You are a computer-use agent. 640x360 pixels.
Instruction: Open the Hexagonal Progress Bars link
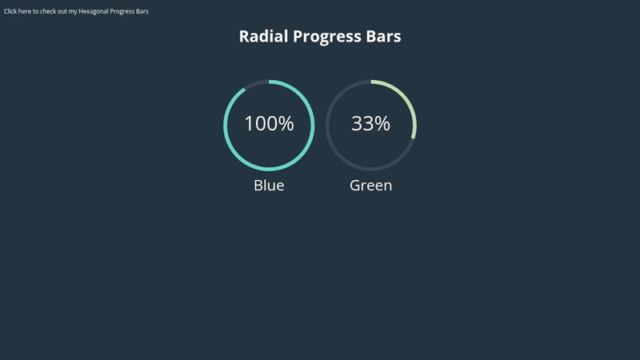(76, 11)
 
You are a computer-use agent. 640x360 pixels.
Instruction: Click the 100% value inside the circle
(269, 124)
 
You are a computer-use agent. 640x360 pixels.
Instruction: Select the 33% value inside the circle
(370, 124)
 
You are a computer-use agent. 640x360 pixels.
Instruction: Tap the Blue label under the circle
(269, 186)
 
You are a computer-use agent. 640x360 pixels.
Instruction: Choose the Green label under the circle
(370, 186)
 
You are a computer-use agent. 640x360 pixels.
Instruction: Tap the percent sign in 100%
(286, 124)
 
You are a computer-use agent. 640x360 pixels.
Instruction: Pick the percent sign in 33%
(382, 124)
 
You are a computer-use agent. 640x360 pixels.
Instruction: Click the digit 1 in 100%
(249, 124)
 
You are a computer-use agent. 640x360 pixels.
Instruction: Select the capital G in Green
(356, 186)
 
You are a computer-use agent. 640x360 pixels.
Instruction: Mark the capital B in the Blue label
(258, 186)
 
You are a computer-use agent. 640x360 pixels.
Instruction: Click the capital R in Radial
(245, 37)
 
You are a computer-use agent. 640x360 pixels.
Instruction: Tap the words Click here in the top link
(17, 11)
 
